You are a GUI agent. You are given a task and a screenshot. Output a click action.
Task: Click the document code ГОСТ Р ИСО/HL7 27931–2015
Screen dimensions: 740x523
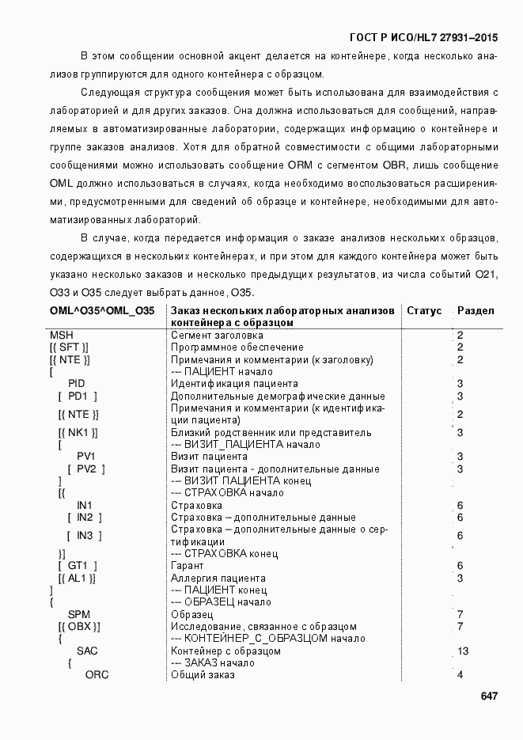(x=423, y=37)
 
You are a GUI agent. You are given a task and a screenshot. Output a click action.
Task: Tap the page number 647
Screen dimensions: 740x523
(x=489, y=696)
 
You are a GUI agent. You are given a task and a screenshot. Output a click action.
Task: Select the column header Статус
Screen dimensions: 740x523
(x=424, y=311)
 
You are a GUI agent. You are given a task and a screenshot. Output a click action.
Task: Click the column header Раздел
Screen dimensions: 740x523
(x=476, y=311)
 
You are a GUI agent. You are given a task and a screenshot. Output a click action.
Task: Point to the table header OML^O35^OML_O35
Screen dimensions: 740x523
(x=102, y=311)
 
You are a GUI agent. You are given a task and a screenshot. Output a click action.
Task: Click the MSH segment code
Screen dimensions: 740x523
(x=62, y=336)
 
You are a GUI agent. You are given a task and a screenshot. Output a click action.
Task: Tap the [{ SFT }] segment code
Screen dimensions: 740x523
(x=69, y=347)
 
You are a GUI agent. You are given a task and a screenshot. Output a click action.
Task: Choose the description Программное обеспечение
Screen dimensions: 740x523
(x=237, y=347)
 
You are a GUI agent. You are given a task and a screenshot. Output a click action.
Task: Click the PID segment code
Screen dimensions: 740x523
(x=77, y=384)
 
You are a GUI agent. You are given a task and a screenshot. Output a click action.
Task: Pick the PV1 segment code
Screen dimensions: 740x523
(x=86, y=457)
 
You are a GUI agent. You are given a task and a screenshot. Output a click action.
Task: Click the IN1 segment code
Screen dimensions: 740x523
(x=85, y=505)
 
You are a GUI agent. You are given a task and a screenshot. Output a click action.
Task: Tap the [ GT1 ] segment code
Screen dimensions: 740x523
(x=78, y=566)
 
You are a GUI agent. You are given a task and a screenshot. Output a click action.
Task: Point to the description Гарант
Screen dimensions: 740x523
(x=188, y=566)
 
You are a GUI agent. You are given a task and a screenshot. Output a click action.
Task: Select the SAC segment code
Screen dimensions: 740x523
(x=87, y=651)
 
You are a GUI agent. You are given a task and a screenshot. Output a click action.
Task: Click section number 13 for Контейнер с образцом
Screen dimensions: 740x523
(x=463, y=651)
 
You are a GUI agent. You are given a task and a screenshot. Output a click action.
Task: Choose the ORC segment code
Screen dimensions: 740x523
(x=97, y=675)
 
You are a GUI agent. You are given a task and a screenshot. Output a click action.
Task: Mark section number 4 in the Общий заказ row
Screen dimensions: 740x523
(x=460, y=675)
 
